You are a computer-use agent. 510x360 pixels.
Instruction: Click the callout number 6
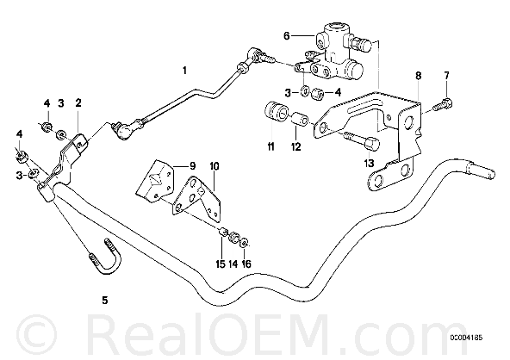(286, 36)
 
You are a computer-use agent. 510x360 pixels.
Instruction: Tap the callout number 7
(447, 76)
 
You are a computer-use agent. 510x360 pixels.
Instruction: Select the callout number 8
(419, 76)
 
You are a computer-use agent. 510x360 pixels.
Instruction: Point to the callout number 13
(370, 163)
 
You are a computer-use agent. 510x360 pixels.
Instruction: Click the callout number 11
(271, 147)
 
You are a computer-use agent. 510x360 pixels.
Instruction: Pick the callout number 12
(296, 147)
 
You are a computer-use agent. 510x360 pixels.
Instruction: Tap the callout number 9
(192, 166)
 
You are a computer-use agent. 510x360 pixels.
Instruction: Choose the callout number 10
(215, 166)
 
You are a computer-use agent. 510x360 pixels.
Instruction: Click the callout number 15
(221, 264)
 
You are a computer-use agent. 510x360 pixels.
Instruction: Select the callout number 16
(246, 264)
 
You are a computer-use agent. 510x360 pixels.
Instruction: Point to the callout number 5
(105, 300)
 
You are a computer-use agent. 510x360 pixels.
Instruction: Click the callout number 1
(184, 71)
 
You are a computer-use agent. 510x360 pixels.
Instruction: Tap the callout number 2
(78, 103)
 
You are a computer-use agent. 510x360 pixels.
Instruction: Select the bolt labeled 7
(443, 104)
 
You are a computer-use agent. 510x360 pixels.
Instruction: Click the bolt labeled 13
(362, 140)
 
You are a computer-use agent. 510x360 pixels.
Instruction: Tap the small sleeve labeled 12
(301, 120)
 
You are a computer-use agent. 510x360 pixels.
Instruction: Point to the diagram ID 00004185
(466, 338)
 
